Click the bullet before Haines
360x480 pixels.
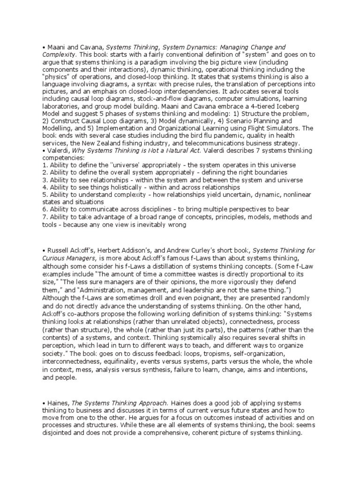[43, 395]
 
